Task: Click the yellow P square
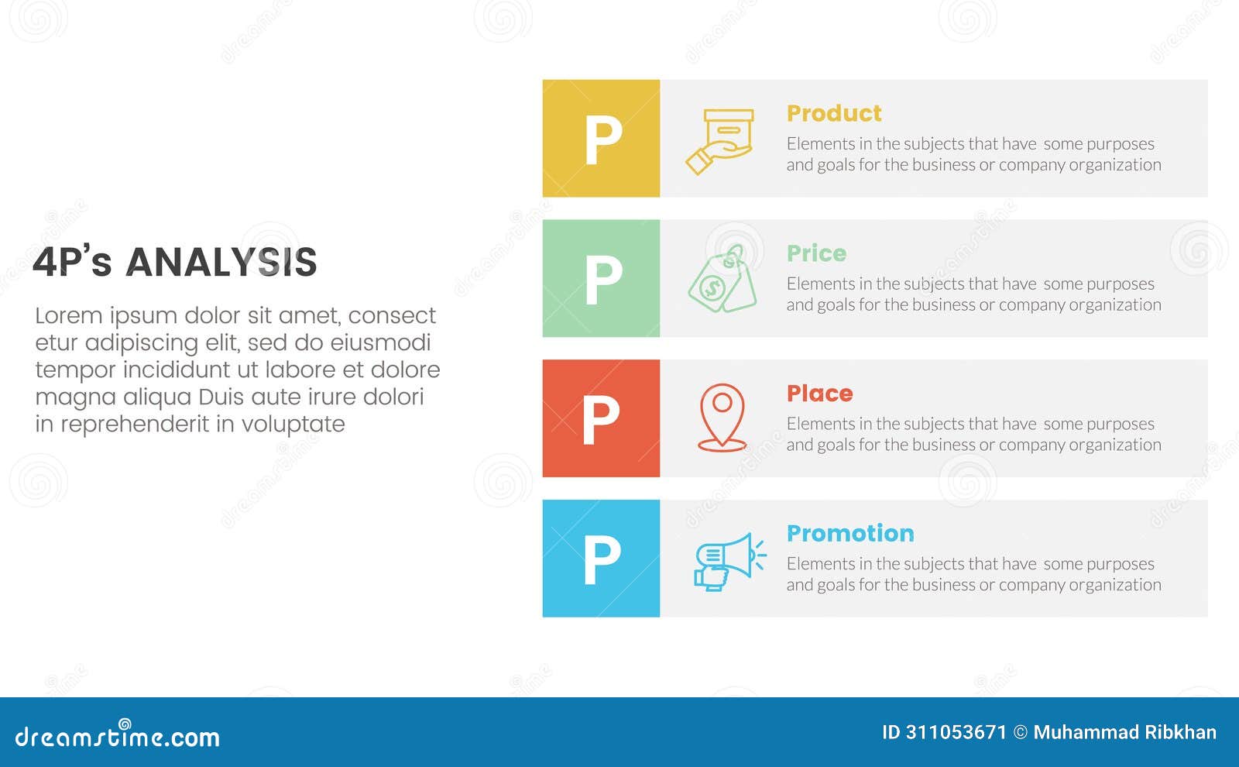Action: coord(601,139)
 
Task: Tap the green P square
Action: coord(601,279)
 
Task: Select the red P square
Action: coord(601,418)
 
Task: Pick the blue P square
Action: coord(601,559)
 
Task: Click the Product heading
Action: coord(834,114)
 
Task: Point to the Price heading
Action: coord(816,253)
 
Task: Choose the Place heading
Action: coord(819,394)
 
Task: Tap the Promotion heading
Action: coord(850,534)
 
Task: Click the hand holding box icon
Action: coord(720,141)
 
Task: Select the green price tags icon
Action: coord(722,280)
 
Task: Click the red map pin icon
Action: coord(722,418)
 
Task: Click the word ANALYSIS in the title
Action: coord(221,263)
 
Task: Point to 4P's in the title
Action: coord(72,263)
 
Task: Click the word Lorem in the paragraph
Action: coord(68,316)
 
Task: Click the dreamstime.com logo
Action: coord(117,735)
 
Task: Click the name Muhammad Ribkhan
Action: coord(1124,732)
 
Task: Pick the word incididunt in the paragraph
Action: coord(180,370)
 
